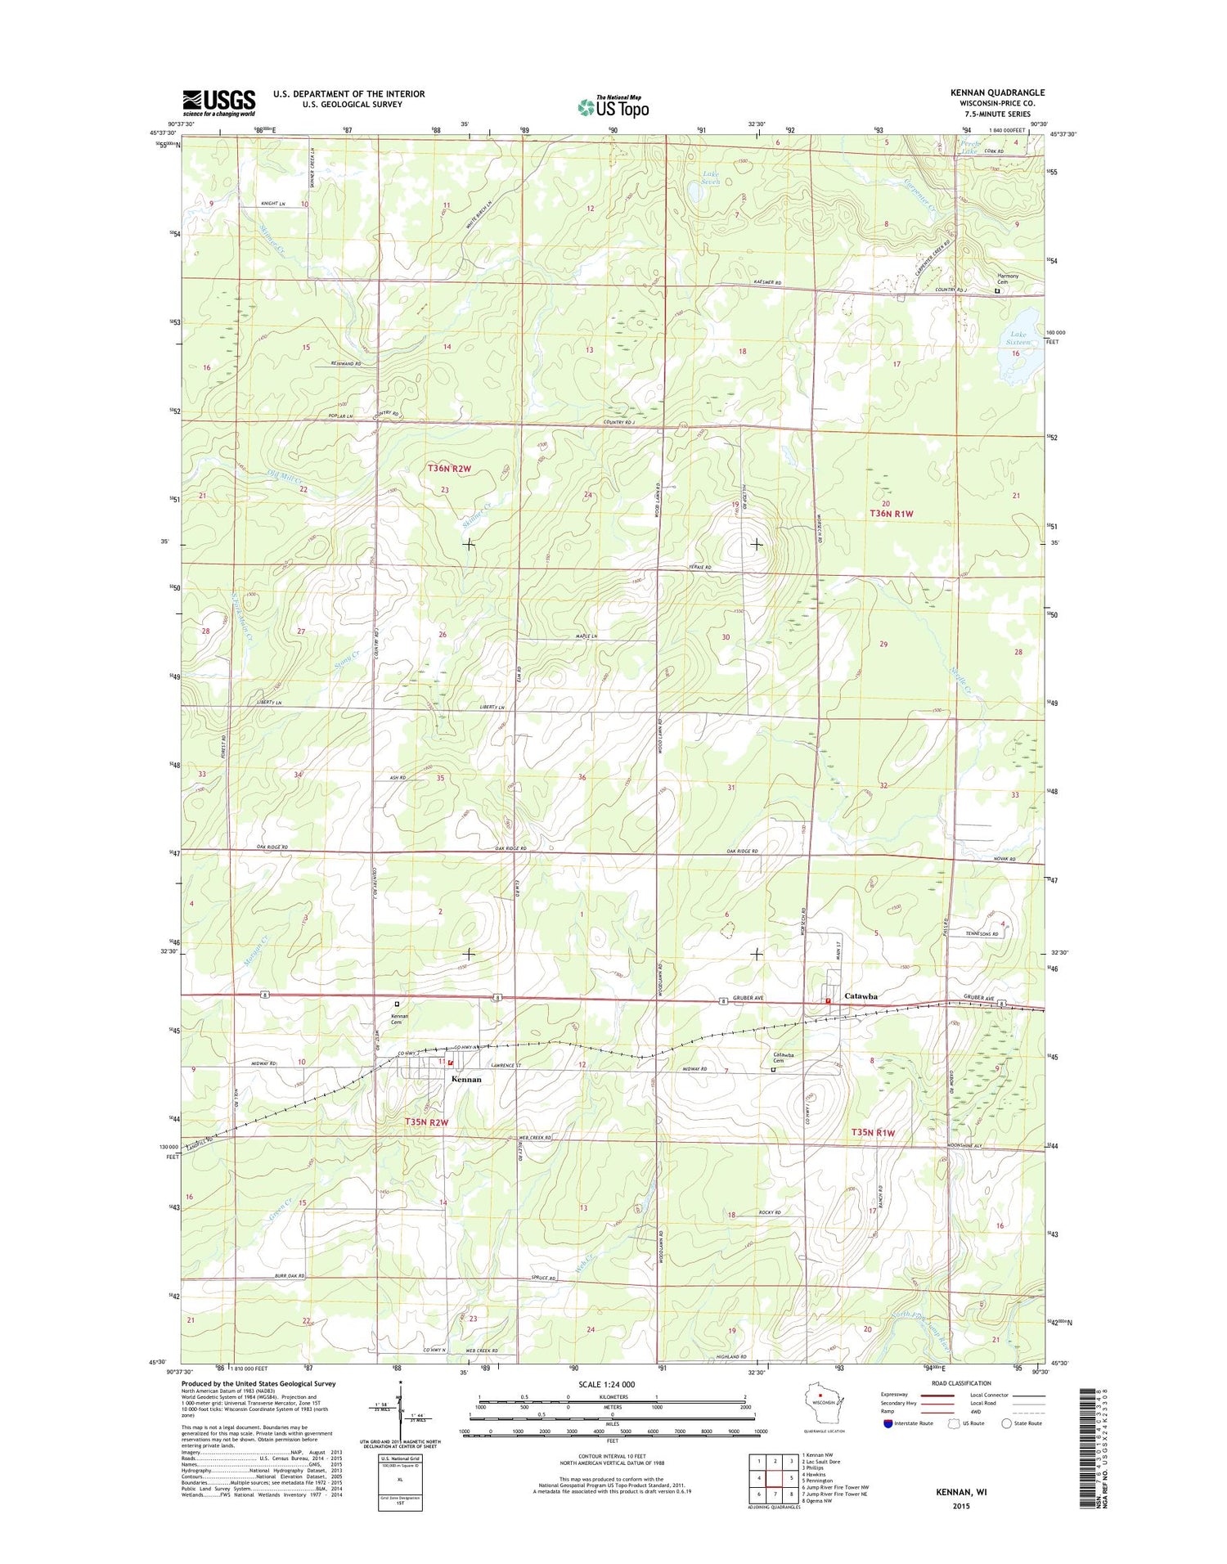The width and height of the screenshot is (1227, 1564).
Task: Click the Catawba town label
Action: coord(861,996)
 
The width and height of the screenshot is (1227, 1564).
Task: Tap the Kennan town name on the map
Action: coord(466,1079)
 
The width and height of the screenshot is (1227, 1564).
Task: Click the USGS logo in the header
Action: coord(218,102)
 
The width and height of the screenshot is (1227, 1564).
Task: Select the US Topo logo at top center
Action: coord(613,106)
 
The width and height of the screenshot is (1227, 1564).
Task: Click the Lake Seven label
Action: coord(711,178)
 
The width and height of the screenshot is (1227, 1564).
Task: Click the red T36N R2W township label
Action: coord(449,469)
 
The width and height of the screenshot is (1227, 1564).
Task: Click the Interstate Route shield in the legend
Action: coord(888,1423)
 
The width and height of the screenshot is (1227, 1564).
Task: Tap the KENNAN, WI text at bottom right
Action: coord(961,1492)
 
